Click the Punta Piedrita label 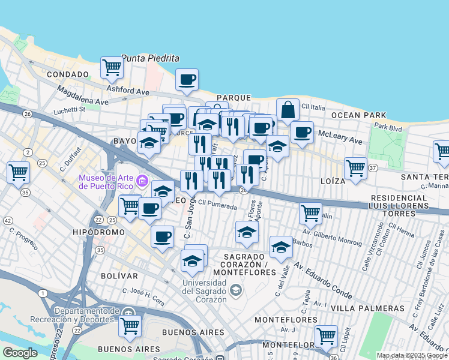(x=151, y=58)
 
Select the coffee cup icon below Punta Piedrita (x=187, y=80)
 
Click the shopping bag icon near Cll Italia (x=288, y=110)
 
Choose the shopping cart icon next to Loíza (x=355, y=169)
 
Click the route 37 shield (x=373, y=169)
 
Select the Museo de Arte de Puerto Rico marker (x=142, y=180)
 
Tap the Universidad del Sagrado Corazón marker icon (x=237, y=290)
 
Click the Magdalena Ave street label (x=82, y=96)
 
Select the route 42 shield (x=7, y=221)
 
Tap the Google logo (x=20, y=353)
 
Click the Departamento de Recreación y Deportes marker (x=128, y=313)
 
